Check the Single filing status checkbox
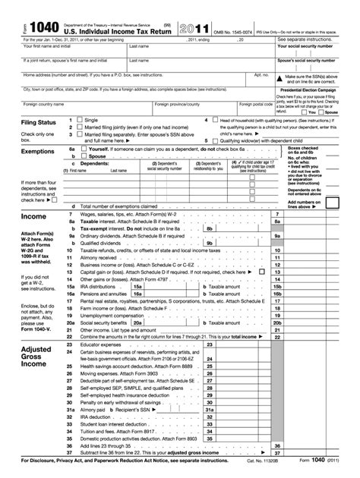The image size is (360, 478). (78, 120)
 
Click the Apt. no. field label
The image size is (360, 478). (261, 75)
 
